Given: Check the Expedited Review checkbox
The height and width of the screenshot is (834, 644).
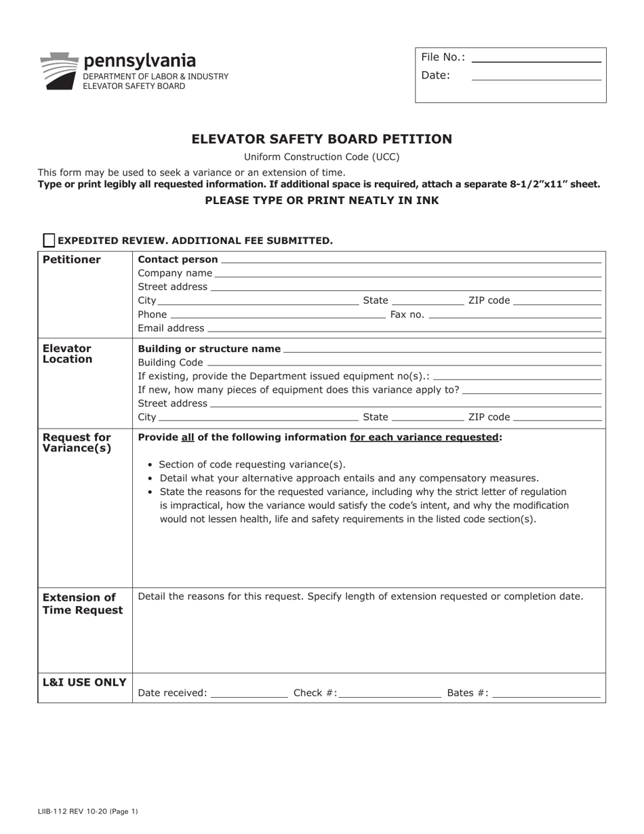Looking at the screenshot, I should tap(49, 240).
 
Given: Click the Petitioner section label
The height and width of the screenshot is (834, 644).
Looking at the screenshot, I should tap(72, 260).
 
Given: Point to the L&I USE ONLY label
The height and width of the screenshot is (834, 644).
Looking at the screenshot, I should tap(84, 682).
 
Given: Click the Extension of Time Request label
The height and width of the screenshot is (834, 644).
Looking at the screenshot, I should tap(83, 603).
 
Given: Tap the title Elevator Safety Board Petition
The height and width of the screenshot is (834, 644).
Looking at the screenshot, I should tap(321, 139).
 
